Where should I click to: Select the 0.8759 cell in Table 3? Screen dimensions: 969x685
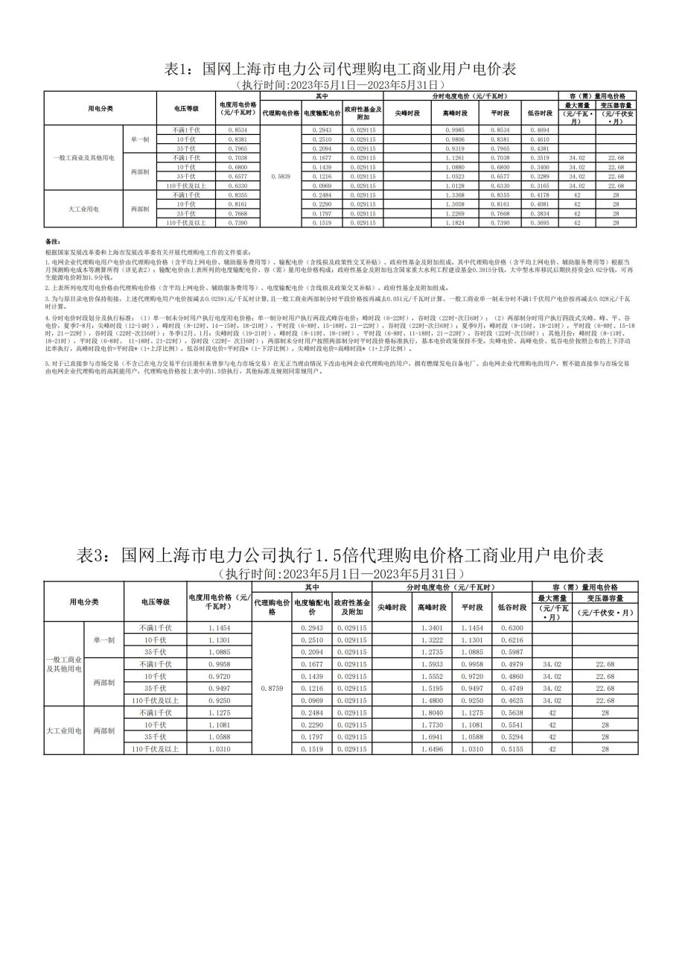pyautogui.click(x=273, y=689)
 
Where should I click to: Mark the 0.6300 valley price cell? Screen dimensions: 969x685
pyautogui.click(x=512, y=628)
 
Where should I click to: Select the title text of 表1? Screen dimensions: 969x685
pyautogui.click(x=340, y=69)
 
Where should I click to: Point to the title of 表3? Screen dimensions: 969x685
pyautogui.click(x=340, y=555)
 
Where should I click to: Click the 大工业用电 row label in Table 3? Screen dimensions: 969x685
pyautogui.click(x=64, y=731)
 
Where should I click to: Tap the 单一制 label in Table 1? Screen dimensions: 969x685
pyautogui.click(x=140, y=139)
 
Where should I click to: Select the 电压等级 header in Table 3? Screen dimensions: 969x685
pyautogui.click(x=156, y=601)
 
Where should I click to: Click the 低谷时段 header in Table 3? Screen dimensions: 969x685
pyautogui.click(x=512, y=607)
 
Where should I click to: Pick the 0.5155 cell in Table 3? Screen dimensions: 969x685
pyautogui.click(x=512, y=749)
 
